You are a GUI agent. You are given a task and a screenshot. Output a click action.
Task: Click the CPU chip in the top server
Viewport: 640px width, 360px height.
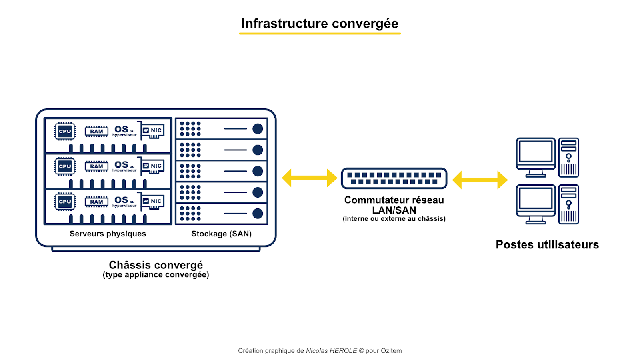point(65,132)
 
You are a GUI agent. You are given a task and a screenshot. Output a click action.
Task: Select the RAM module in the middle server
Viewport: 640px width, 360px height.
point(96,166)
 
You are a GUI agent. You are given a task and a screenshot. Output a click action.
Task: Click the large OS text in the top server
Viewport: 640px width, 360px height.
point(121,130)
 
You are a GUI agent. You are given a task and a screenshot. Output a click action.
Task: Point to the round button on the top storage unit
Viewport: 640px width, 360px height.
point(258,129)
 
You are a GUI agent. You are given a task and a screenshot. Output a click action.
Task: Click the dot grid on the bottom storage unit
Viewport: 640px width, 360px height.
point(190,214)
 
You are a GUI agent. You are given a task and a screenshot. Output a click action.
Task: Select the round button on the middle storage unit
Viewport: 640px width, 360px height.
point(258,171)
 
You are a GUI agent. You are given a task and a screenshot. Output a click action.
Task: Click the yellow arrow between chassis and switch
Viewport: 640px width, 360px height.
point(310,178)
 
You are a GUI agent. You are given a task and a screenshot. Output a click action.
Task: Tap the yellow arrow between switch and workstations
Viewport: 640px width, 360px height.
point(480,180)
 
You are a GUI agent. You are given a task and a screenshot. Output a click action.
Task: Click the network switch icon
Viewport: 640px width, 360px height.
point(394,178)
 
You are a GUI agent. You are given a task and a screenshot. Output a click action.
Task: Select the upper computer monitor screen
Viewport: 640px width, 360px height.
point(536,152)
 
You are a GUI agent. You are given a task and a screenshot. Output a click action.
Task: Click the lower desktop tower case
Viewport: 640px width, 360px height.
point(568,204)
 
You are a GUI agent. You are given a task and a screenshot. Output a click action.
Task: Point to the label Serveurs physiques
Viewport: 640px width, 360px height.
point(108,234)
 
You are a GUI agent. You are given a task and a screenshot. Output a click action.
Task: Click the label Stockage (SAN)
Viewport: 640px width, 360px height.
point(222,234)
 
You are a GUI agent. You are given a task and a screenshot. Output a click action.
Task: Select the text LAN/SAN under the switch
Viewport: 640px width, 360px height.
point(394,210)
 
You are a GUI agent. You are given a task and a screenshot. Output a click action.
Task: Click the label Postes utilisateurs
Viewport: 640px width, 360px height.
point(547,244)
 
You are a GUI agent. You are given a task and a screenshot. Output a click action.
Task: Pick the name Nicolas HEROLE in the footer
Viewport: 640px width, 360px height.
point(332,350)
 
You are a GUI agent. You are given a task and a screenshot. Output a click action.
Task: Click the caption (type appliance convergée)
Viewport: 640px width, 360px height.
point(156,275)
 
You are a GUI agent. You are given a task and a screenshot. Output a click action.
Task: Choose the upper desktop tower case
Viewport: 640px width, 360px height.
point(568,158)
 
